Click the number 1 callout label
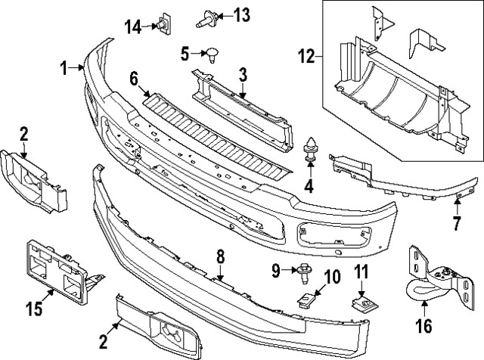coord(66,68)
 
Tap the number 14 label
coord(133,26)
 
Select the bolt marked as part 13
coord(206,17)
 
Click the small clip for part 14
coord(161,24)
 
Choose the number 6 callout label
coord(134,78)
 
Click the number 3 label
coord(243,74)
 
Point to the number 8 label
coord(220,257)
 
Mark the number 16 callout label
coord(423,327)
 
